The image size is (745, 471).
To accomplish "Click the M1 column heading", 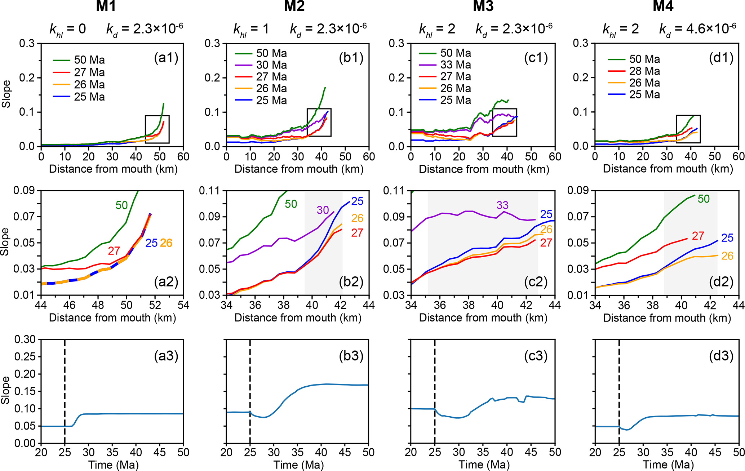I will [106, 6].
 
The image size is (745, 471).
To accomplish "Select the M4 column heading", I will [663, 6].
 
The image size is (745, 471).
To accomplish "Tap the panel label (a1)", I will [166, 58].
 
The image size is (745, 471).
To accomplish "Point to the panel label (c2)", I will [536, 281].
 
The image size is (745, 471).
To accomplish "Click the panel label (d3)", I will [721, 356].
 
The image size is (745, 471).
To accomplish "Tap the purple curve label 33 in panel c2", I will [502, 205].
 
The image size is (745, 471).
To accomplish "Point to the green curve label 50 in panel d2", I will [704, 199].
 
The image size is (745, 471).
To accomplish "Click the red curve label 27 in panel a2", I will [114, 251].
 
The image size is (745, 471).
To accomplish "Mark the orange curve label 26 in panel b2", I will [357, 218].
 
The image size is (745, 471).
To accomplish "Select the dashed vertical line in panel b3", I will [250, 391].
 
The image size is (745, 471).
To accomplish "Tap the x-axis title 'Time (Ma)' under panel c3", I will [484, 465].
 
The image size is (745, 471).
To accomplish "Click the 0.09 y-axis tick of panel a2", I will [24, 190].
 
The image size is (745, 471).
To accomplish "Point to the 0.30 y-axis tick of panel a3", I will [25, 339].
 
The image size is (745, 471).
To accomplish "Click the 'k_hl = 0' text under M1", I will [68, 29].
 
